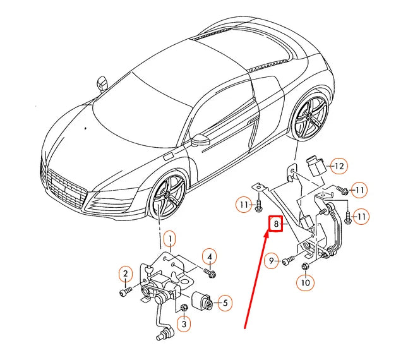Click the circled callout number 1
pos(169,239)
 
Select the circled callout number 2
pos(125,273)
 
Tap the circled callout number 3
pos(184,324)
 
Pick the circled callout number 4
pos(209,256)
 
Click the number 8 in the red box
pos(275,224)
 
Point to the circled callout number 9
pos(272,260)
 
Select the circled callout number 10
pos(305,282)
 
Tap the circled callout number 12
pos(339,166)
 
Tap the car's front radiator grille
pos(66,189)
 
